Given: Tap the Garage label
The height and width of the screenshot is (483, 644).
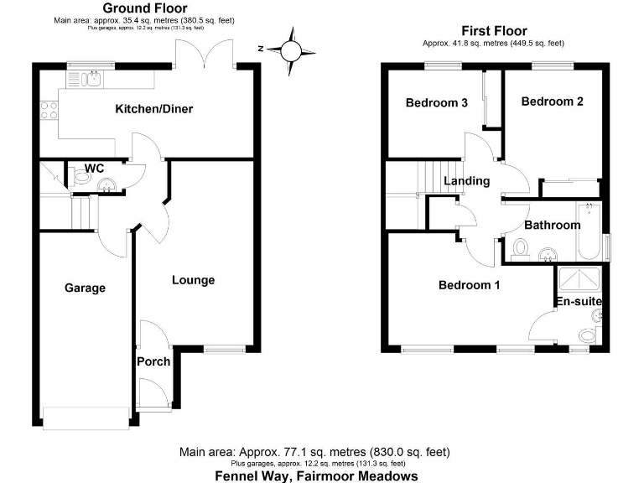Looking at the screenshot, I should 86,288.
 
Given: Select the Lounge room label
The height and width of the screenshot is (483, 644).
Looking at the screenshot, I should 194,280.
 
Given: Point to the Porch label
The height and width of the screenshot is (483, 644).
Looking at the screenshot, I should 153,361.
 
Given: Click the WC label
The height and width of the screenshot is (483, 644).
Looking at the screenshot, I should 93,168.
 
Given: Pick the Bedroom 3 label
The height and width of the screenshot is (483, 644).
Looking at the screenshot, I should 436,103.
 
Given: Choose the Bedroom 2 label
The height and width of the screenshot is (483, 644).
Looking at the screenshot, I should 552,101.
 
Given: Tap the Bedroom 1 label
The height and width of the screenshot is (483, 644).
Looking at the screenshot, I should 470,285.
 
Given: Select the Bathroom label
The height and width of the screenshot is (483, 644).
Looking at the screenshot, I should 553,225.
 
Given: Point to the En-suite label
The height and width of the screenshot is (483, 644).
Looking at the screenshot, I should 579,301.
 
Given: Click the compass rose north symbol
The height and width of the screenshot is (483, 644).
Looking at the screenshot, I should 291,49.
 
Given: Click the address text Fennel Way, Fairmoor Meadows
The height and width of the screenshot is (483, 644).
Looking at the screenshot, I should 320,476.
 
